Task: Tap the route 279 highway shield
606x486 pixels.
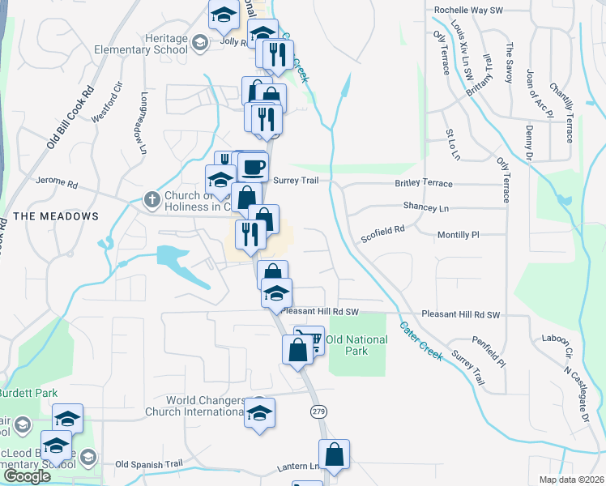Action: [x=318, y=412]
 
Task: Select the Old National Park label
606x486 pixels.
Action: [x=358, y=345]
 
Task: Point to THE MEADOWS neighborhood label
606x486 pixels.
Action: [x=56, y=216]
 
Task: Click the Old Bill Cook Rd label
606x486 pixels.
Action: [x=70, y=118]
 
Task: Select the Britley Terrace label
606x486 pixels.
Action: [x=424, y=184]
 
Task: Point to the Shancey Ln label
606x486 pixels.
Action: [x=425, y=208]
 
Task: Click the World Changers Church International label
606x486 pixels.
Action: [x=205, y=406]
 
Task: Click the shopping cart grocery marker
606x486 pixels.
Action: [x=309, y=340]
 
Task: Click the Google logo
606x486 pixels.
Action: [x=27, y=476]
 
